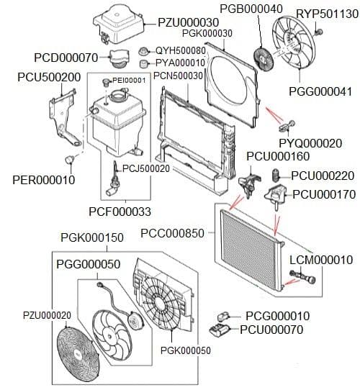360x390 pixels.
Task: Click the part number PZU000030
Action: [189, 22]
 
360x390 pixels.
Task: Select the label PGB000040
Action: [251, 8]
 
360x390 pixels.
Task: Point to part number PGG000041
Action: [320, 91]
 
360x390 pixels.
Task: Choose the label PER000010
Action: [43, 180]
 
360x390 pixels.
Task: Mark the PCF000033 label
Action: [120, 211]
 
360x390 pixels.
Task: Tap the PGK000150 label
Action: [92, 237]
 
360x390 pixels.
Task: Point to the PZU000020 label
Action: [47, 315]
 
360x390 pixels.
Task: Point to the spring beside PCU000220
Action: [274, 175]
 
